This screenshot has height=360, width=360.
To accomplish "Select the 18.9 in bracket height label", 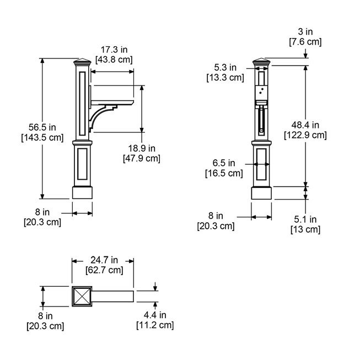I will click(x=141, y=148).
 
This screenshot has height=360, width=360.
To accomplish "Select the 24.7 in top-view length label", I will click(x=104, y=260).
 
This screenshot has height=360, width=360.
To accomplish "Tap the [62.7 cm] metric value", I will click(x=104, y=270).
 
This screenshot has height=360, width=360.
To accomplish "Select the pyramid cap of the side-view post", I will click(x=83, y=62).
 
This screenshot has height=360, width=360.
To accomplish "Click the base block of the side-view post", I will click(x=83, y=194).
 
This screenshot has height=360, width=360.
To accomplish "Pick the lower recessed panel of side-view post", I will click(x=83, y=164).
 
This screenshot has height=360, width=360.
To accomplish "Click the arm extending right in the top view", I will click(x=114, y=296).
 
